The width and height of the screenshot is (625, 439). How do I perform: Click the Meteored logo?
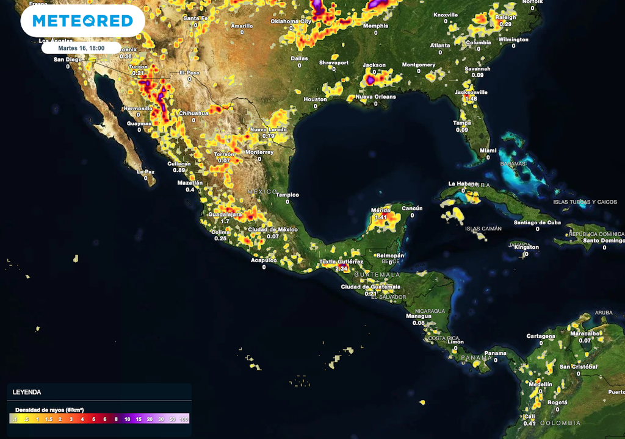tap(82, 21)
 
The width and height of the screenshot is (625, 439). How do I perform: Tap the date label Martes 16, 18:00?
tap(81, 48)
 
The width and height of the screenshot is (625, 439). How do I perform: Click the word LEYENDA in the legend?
tap(27, 392)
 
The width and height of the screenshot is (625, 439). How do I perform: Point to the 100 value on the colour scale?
tap(184, 419)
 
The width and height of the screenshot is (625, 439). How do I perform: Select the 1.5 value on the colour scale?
tap(48, 419)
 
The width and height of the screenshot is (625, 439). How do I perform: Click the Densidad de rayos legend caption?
tap(48, 409)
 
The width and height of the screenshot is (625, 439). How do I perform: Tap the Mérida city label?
tap(381, 210)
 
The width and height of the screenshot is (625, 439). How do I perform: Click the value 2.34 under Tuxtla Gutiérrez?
tap(342, 268)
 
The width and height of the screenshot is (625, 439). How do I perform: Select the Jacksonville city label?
tap(471, 92)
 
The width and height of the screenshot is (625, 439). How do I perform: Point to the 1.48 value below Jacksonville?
tap(471, 99)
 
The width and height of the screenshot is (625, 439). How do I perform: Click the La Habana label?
tap(461, 184)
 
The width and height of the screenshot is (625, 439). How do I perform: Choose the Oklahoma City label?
tap(291, 21)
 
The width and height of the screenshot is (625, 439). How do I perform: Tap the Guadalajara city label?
tap(225, 215)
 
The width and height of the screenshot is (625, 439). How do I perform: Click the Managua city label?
tap(419, 316)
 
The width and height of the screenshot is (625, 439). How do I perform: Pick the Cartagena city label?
tap(541, 336)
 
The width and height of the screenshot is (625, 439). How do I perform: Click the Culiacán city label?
tap(179, 163)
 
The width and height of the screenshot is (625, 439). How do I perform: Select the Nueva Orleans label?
tap(375, 96)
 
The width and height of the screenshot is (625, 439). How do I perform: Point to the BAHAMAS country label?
tap(513, 163)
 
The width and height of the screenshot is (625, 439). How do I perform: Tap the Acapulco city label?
tap(264, 260)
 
